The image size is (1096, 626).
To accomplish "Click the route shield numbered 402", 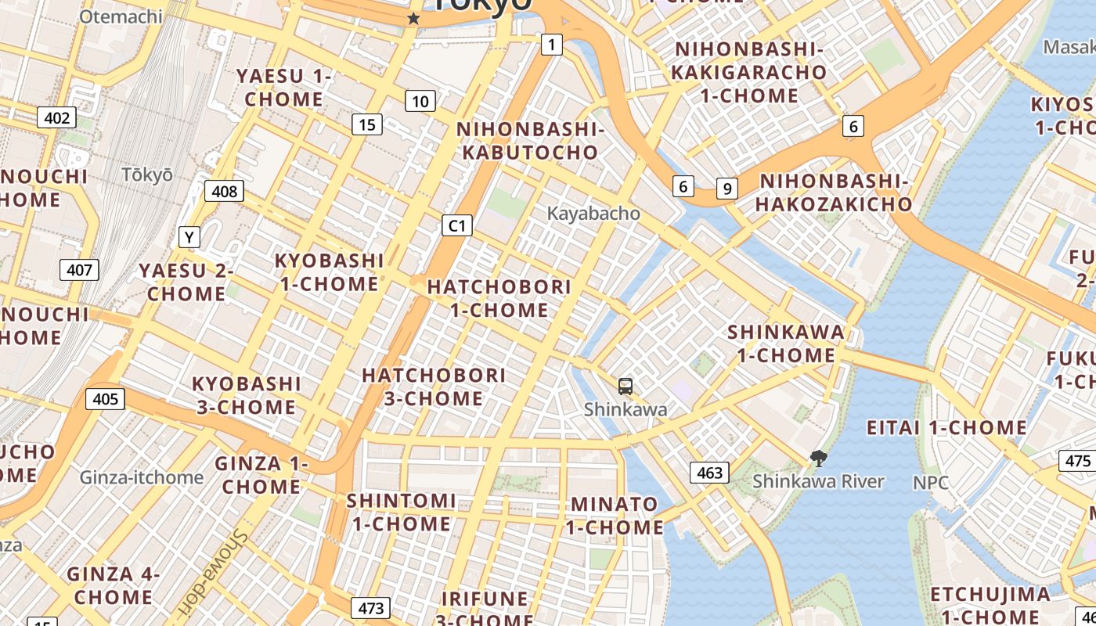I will tap(57, 118).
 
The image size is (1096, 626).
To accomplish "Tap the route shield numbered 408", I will tap(224, 190).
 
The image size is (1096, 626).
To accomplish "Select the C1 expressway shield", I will tap(457, 226).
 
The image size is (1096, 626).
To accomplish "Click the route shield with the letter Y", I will tap(189, 236).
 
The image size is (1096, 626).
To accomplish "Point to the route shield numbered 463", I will tap(709, 473).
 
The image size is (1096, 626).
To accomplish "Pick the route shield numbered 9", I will tap(727, 188).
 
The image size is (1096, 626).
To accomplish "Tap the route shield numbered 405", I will tap(105, 399).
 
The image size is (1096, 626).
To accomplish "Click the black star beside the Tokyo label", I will tap(413, 19).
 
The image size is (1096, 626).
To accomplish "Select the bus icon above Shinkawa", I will tap(625, 386).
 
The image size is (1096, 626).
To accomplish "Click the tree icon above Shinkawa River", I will tap(819, 459).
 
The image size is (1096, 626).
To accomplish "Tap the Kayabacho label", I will tap(593, 214).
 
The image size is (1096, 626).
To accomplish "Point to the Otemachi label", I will tap(121, 16).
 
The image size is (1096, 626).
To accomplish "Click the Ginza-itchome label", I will tap(142, 477).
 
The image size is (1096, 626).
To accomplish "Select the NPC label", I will tap(931, 482).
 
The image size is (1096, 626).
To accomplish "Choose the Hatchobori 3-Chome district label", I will tap(434, 387).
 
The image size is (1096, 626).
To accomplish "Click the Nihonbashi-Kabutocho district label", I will tap(530, 141).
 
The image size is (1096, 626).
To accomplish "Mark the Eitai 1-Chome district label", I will tap(946, 428).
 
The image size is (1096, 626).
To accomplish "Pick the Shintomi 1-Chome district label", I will tap(401, 512).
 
